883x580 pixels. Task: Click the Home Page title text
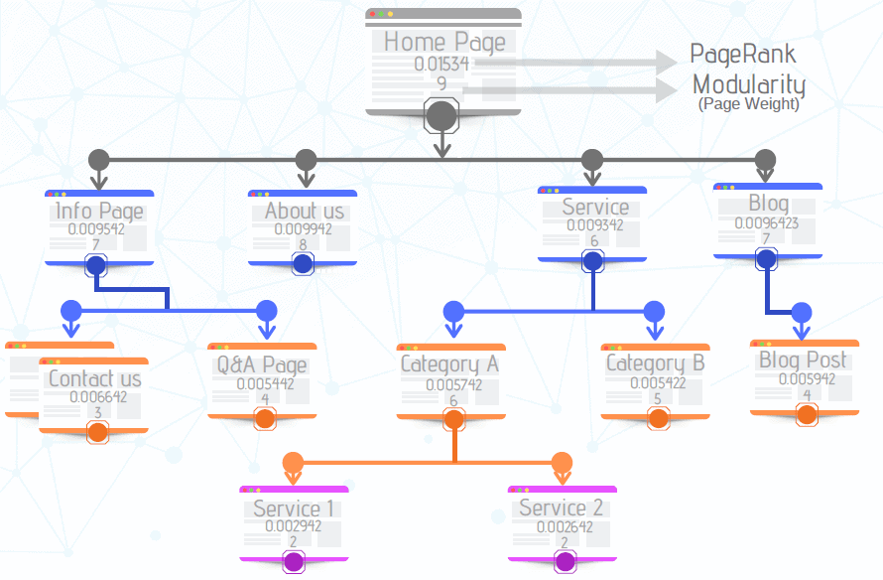click(x=443, y=42)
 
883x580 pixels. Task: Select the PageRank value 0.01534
click(x=442, y=65)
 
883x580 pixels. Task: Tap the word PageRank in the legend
click(x=742, y=54)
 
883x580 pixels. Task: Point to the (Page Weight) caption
click(x=748, y=103)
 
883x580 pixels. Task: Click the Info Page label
click(x=99, y=211)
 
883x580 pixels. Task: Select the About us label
click(x=305, y=211)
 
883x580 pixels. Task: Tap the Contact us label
click(x=95, y=378)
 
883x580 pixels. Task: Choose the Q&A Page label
click(x=263, y=364)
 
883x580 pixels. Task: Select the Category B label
click(x=656, y=363)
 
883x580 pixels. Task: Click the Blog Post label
click(x=804, y=360)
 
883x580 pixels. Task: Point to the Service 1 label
click(x=294, y=508)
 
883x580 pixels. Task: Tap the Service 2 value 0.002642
click(x=562, y=526)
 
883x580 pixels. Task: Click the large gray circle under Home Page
click(x=441, y=116)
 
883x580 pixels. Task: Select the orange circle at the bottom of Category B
click(x=657, y=418)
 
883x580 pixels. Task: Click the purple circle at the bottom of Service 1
click(x=294, y=562)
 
